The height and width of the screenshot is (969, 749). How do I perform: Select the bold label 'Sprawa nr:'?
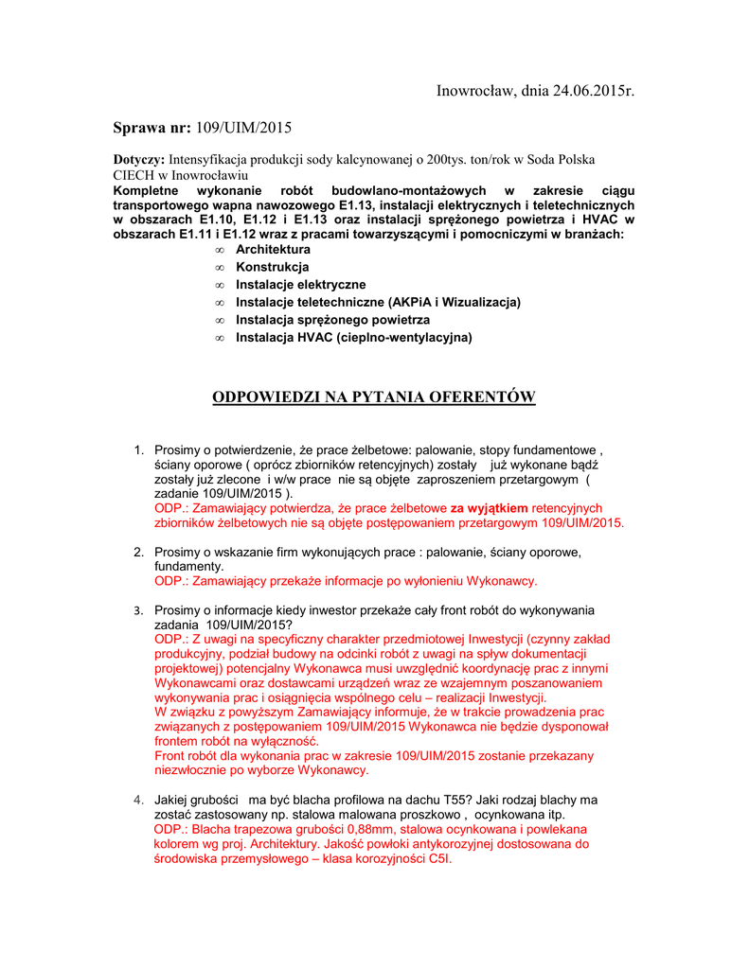152,127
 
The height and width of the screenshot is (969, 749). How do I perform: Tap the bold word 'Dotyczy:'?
139,160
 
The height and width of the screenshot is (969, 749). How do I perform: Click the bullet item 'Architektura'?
273,250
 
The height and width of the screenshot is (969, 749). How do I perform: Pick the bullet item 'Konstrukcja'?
272,267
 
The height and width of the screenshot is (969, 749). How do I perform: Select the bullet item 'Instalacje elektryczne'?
300,285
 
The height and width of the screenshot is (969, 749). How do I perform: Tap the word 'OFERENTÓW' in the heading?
484,396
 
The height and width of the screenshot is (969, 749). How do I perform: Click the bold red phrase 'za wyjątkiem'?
489,508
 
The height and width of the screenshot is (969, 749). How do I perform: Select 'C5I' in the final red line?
438,858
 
